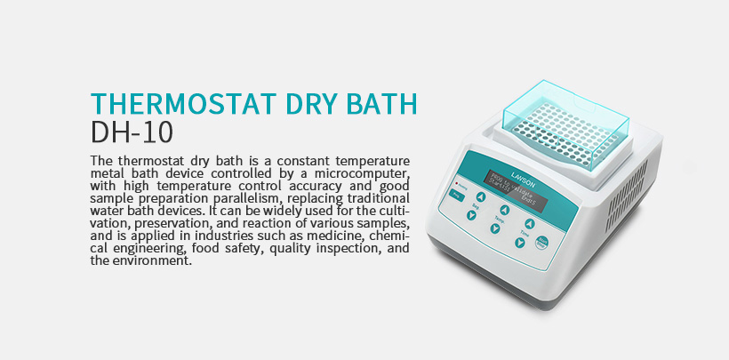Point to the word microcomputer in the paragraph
362,171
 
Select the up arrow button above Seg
480,198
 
